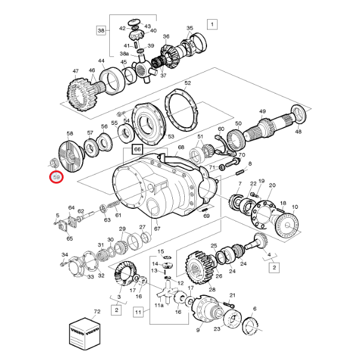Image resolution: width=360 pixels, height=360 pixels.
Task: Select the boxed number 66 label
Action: [x=137, y=149]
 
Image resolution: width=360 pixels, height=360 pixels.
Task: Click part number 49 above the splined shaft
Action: [x=262, y=112]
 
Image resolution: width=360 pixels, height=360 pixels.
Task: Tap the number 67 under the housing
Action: [x=157, y=229]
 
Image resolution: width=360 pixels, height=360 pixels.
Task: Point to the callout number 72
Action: [x=97, y=312]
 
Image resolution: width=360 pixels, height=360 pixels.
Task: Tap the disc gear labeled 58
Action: [x=71, y=157]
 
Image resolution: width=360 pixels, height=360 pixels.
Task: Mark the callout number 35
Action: [x=190, y=28]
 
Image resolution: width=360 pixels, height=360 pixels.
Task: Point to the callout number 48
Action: [x=298, y=132]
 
